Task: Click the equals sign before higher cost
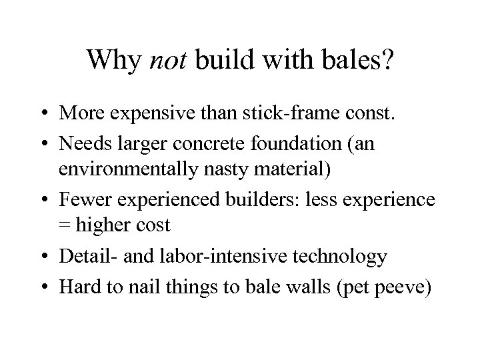coord(65,226)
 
